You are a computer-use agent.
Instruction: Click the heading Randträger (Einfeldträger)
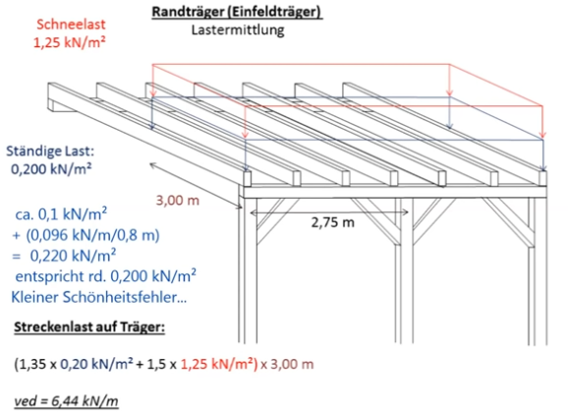click(237, 12)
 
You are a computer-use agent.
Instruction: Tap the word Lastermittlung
click(238, 30)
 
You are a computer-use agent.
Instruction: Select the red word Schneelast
click(71, 25)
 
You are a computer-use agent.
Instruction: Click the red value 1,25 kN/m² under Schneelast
click(69, 42)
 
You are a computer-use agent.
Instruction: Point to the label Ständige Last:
click(50, 151)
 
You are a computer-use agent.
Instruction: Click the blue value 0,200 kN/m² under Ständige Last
click(51, 169)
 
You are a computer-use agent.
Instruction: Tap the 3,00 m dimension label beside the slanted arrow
click(178, 200)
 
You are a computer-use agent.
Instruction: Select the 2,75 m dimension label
click(332, 222)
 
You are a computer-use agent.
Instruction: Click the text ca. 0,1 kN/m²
click(61, 214)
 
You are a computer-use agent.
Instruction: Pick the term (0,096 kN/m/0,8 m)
click(92, 235)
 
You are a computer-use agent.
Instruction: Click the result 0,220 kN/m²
click(73, 256)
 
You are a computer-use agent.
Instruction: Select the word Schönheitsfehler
click(125, 297)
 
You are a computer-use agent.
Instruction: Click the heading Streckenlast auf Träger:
click(89, 327)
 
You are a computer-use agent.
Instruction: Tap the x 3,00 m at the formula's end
click(287, 364)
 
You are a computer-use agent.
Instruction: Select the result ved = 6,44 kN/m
click(66, 401)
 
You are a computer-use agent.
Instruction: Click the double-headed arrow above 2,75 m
click(329, 212)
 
